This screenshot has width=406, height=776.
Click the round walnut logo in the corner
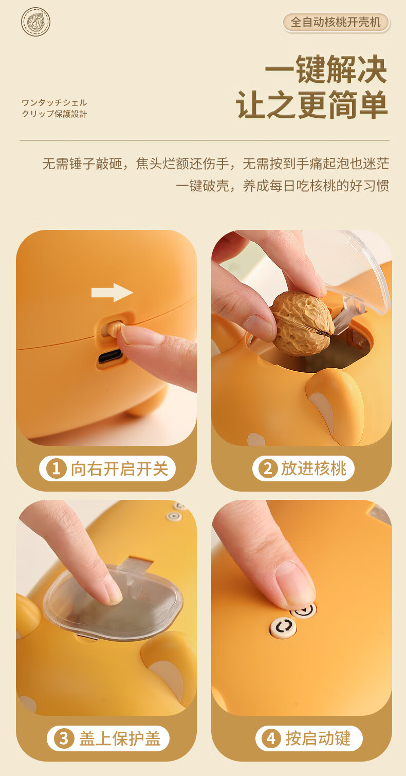point(35,22)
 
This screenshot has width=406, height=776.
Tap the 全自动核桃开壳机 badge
point(336,23)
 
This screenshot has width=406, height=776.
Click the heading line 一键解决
point(326,69)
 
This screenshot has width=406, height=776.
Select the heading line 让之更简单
point(311,104)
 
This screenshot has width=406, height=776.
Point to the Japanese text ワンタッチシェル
point(54,102)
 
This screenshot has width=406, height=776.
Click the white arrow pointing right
point(112,293)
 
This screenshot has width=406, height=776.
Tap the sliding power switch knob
point(114,328)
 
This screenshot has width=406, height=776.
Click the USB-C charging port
point(110,357)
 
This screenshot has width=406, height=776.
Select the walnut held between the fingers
point(302,323)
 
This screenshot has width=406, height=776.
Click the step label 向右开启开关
point(119,469)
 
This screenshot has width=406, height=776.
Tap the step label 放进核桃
point(313,468)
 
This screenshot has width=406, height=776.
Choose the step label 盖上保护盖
point(120,738)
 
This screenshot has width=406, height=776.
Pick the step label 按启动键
point(318,738)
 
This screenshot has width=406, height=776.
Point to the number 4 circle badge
point(271,738)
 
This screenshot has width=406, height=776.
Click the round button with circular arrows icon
point(283,626)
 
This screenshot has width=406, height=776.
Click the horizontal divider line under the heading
point(205,140)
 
